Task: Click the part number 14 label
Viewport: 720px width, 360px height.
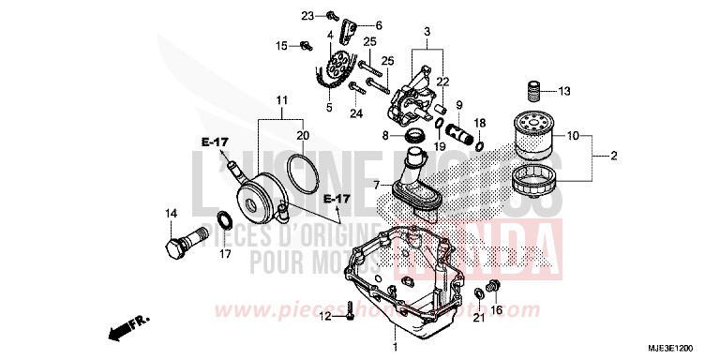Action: pos(171,213)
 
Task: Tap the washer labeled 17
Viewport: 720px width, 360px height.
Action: pos(226,220)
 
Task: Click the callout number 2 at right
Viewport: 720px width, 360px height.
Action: pos(613,156)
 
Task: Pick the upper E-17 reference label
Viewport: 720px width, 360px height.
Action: pos(215,142)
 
